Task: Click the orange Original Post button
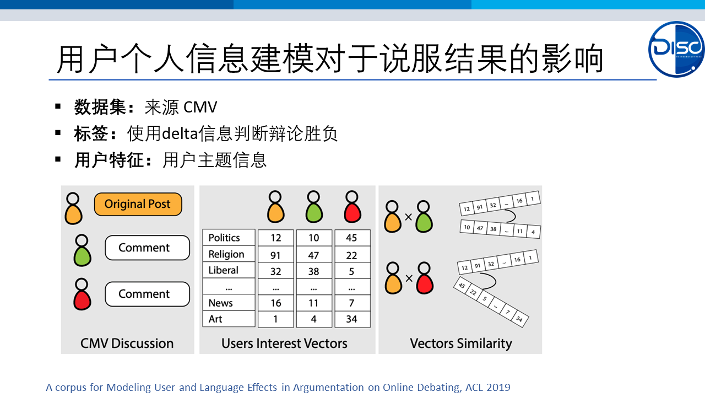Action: point(138,204)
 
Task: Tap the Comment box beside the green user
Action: point(147,248)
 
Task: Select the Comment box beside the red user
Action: point(147,294)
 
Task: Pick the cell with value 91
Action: point(276,255)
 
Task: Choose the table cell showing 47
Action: point(314,255)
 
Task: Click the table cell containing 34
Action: point(352,319)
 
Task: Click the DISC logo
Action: point(676,49)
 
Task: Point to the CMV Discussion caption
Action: point(127,343)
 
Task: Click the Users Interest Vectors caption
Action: point(284,343)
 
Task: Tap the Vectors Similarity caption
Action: point(461,344)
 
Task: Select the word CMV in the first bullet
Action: point(200,107)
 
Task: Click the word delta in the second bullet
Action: point(180,133)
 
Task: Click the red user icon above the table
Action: point(352,207)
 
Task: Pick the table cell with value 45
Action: point(352,238)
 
